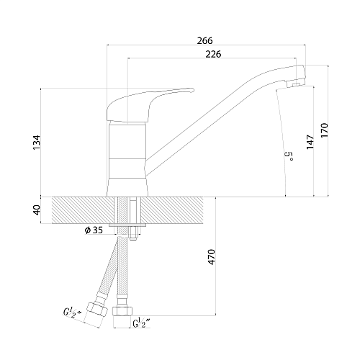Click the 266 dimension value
(x=204, y=40)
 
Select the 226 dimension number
(x=213, y=54)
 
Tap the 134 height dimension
(x=37, y=143)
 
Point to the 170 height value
(x=324, y=130)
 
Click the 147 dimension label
(x=310, y=142)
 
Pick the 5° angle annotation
(x=289, y=156)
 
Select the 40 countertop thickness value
(x=37, y=210)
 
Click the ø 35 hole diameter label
(x=94, y=230)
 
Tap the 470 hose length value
(x=211, y=257)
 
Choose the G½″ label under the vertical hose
(x=142, y=323)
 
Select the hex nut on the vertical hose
(x=122, y=311)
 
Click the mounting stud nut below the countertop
(x=132, y=233)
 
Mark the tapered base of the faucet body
(x=127, y=187)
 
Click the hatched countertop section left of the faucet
(x=83, y=210)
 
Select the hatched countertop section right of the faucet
(x=173, y=210)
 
